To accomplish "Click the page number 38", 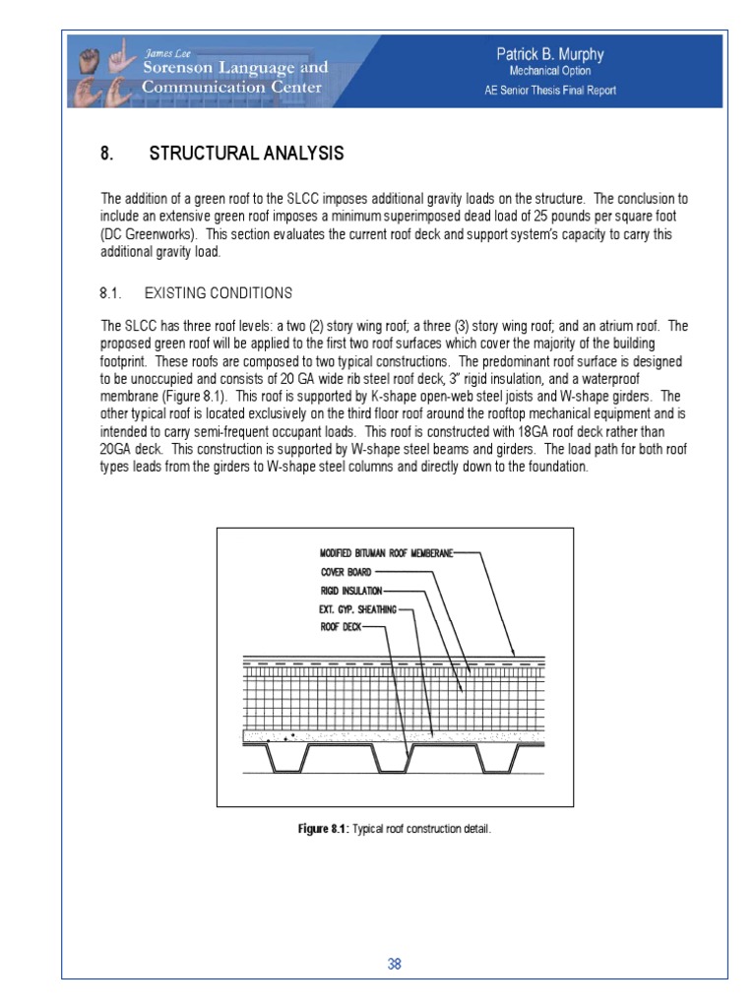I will click(394, 965).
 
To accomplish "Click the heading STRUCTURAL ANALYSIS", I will click(246, 154).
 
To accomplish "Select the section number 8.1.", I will click(109, 293).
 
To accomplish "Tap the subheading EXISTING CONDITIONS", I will click(218, 293).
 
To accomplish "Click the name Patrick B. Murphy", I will click(549, 55).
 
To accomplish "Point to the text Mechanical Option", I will click(549, 71).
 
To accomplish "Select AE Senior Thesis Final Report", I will click(550, 91).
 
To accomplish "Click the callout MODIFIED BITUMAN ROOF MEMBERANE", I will click(386, 554).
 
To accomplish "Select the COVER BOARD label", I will click(345, 572).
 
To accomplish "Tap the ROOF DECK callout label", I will click(341, 626).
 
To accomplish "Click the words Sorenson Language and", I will click(235, 68).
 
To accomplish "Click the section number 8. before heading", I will click(106, 154).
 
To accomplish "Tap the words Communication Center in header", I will click(232, 87).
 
